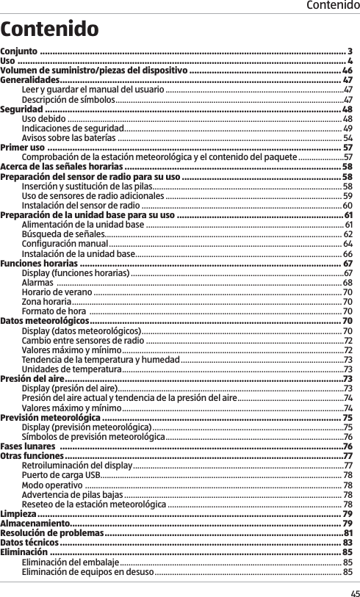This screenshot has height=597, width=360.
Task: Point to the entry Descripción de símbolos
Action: [68, 99]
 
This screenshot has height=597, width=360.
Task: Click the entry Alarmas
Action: [37, 283]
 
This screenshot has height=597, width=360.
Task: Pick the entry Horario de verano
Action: [57, 292]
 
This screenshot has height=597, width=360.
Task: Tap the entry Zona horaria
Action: [47, 302]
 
